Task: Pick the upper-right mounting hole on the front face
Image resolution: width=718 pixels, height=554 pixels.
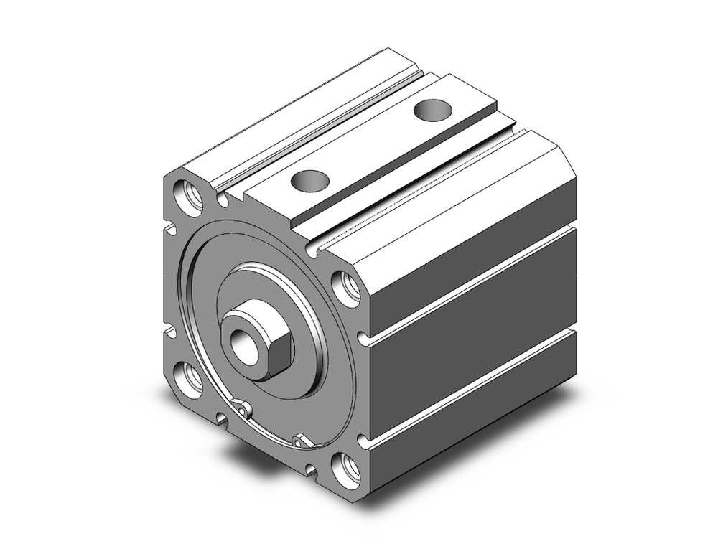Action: (x=348, y=288)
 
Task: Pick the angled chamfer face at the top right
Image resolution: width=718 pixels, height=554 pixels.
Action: (x=460, y=194)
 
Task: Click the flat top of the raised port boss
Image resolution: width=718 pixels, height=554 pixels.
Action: (x=373, y=144)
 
